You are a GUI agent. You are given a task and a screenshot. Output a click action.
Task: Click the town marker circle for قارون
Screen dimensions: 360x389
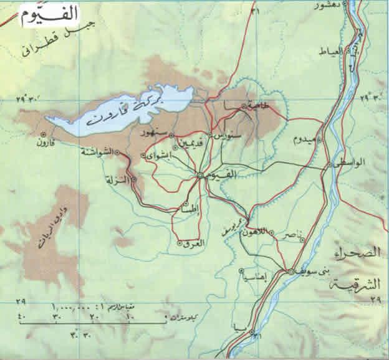click(x=43, y=134)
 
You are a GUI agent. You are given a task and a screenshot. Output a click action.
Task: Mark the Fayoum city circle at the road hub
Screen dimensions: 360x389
click(x=199, y=176)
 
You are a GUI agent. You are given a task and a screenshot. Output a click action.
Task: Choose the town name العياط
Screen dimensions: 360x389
click(x=334, y=50)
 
